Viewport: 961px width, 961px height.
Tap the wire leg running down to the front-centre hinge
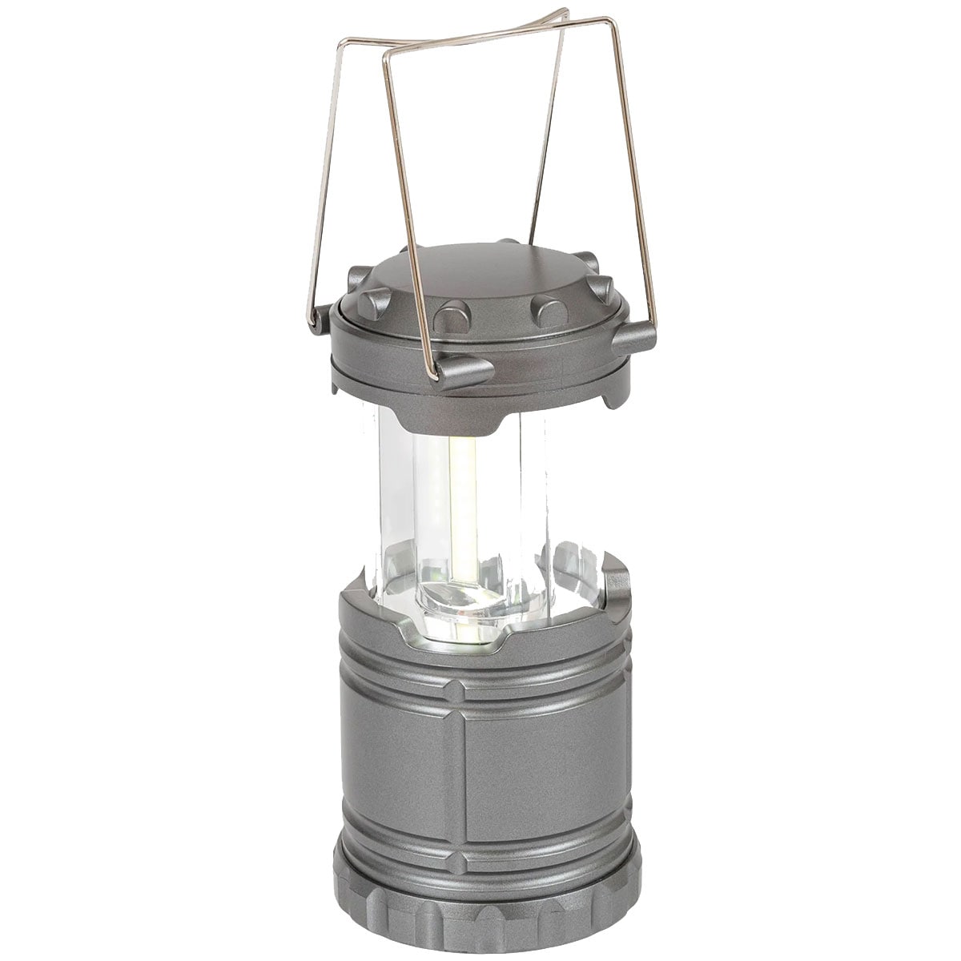point(408,208)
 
